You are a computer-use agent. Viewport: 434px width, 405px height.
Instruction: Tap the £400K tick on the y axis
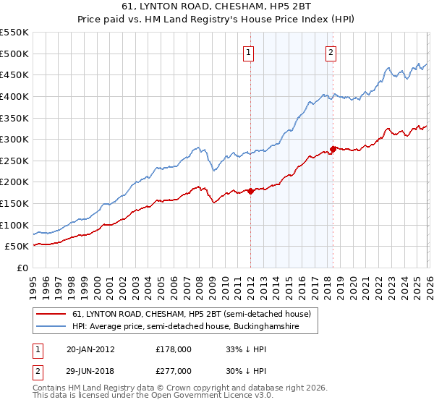point(14,96)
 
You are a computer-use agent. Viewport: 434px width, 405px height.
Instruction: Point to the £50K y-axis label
point(17,247)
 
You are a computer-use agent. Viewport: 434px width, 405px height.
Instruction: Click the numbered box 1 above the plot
point(248,52)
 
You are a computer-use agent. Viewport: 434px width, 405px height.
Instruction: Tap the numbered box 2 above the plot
point(331,52)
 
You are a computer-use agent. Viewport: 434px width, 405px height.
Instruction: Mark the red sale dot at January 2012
point(250,191)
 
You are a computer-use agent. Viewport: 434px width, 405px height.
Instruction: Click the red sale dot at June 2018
point(333,149)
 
